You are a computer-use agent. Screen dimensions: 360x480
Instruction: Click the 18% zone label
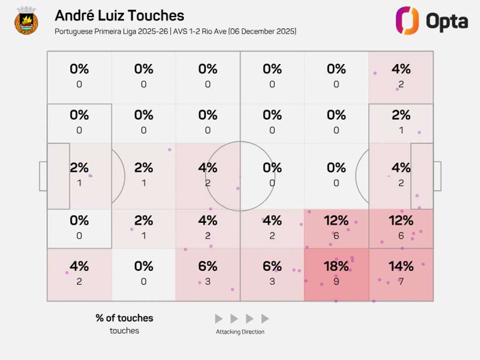336,266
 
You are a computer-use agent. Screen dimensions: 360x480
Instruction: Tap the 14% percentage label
401,266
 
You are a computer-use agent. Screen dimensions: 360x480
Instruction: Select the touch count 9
336,281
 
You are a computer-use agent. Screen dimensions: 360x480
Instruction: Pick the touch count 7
401,281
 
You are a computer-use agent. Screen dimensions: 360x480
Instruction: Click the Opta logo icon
407,21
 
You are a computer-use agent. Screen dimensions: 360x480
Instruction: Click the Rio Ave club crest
26,21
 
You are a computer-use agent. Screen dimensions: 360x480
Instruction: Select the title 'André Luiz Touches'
119,16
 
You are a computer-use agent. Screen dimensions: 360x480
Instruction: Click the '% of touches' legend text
124,318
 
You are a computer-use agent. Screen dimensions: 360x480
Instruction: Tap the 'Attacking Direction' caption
240,332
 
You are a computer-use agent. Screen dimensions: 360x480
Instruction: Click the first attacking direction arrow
219,319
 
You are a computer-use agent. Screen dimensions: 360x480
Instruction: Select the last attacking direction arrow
265,319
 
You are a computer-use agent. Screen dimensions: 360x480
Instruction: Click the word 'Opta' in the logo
446,22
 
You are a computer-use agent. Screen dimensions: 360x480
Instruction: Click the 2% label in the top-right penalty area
401,115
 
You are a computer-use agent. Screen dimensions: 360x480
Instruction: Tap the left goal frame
43,176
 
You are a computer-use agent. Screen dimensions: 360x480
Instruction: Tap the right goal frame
437,176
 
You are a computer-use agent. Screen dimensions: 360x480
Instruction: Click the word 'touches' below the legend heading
124,331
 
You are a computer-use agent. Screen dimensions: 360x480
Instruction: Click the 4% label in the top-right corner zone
401,69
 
